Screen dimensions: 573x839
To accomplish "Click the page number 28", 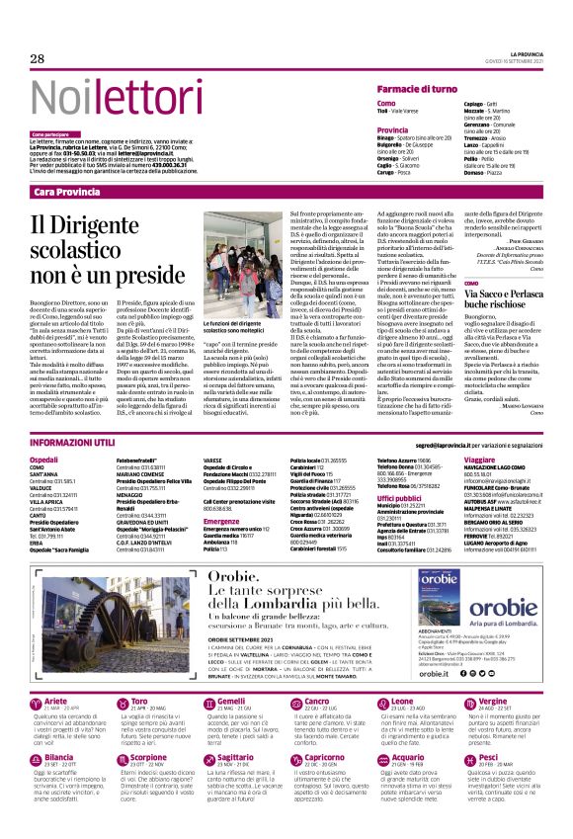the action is pos(38,59).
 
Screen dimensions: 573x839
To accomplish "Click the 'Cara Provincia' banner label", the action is pos(66,190).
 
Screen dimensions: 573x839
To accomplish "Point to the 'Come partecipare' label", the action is pos(50,132).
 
